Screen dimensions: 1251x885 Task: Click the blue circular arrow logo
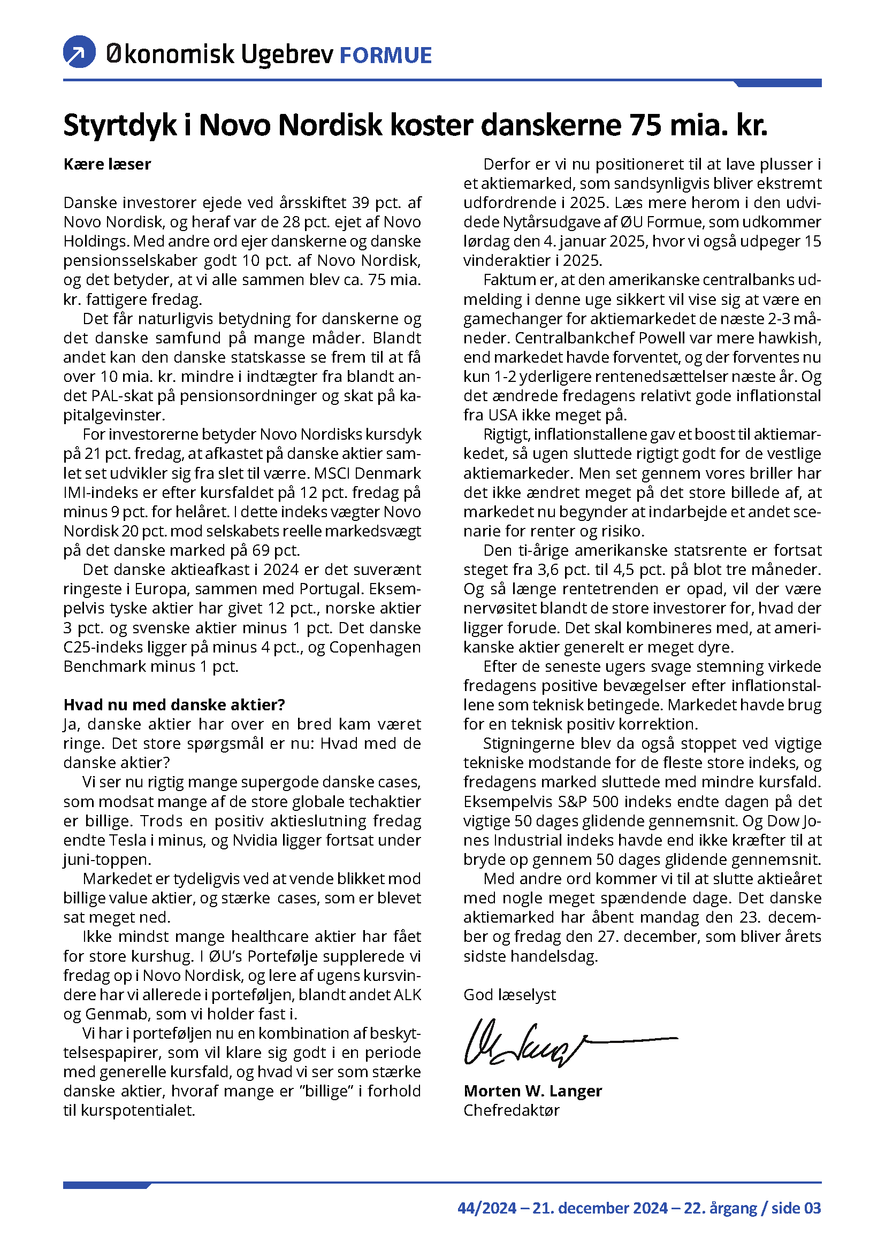pos(80,52)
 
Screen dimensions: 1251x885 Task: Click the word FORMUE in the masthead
pos(385,56)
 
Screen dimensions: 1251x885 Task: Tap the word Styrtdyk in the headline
pos(120,125)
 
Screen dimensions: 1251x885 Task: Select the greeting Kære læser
pos(107,164)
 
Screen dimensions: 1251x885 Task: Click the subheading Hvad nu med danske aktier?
pos(174,704)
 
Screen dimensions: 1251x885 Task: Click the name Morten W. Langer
pos(532,1091)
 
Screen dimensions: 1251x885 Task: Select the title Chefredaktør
pos(511,1110)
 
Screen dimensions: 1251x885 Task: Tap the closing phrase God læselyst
pos(509,994)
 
